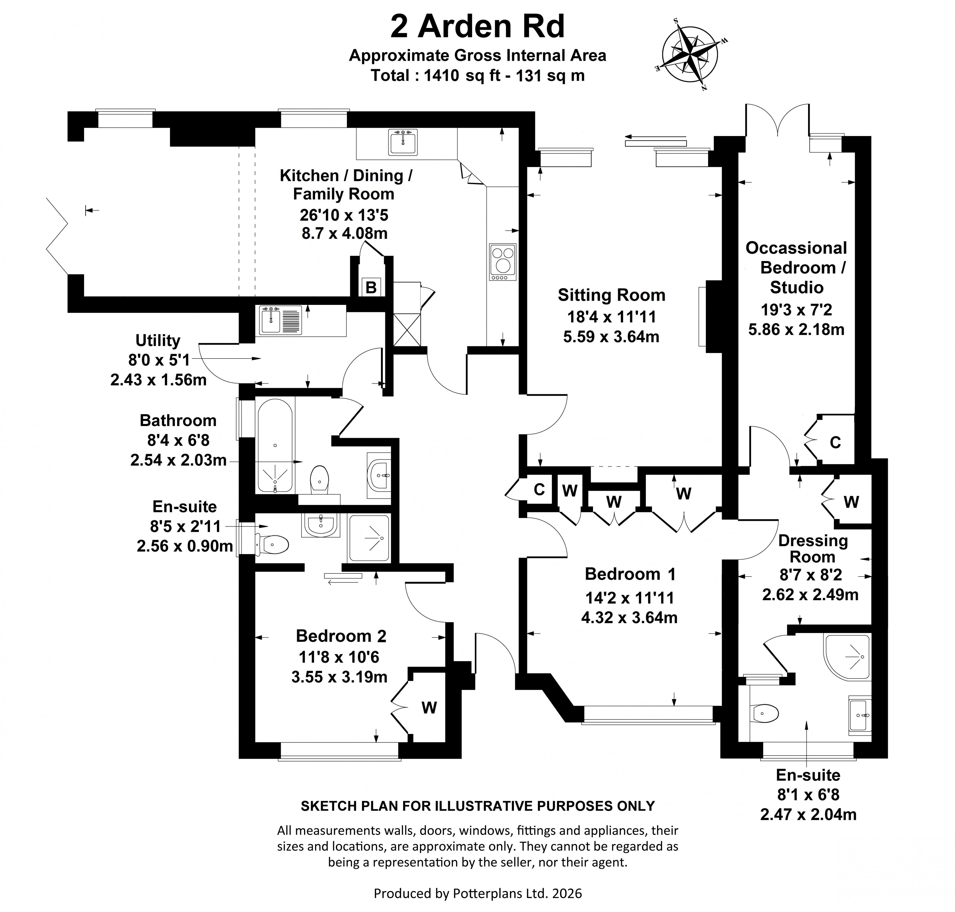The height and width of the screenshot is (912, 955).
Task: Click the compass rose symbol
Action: pyautogui.click(x=689, y=54)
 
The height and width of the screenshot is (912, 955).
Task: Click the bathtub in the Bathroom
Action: pyautogui.click(x=275, y=445)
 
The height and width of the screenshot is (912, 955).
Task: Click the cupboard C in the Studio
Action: pyautogui.click(x=835, y=442)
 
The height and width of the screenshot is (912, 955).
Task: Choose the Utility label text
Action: pyautogui.click(x=158, y=340)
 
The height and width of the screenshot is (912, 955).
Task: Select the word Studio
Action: pyautogui.click(x=797, y=287)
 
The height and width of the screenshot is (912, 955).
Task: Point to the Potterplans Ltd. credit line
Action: pyautogui.click(x=477, y=893)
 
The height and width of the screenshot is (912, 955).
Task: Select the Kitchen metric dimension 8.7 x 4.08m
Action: pyautogui.click(x=344, y=233)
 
